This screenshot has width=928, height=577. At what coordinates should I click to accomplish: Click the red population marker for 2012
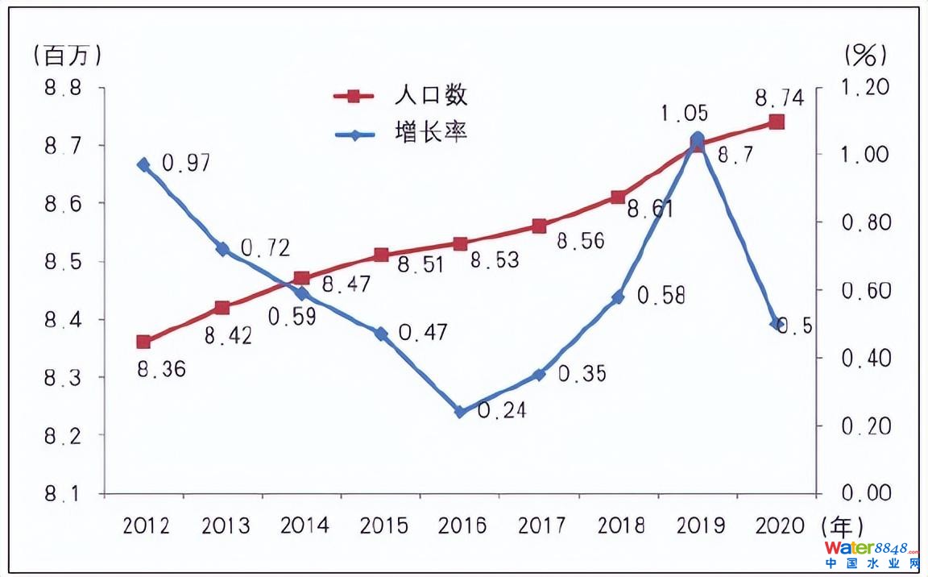143,342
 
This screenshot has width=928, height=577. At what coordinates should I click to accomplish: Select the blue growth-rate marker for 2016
460,411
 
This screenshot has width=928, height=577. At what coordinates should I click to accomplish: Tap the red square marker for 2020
777,122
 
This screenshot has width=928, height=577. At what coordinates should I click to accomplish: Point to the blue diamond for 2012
143,164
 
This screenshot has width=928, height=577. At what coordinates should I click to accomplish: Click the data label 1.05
684,114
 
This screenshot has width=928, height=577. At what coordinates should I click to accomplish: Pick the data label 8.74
779,98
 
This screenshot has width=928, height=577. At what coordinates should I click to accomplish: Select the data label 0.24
502,411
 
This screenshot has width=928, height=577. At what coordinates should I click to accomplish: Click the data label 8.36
161,370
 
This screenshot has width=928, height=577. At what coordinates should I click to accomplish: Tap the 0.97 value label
186,164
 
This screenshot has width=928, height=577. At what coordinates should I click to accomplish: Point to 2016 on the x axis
463,525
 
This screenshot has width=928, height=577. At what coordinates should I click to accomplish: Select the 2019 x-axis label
700,525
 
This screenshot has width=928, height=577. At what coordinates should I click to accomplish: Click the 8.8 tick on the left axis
63,88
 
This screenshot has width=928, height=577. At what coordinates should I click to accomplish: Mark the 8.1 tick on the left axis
63,493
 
